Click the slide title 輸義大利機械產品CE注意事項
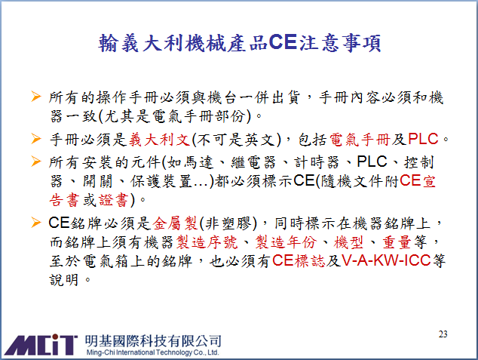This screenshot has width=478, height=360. pos(240,43)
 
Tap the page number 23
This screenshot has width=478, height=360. pos(443,334)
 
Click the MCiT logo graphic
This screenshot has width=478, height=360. pos(41,345)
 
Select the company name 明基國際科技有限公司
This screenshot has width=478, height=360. pos(153,341)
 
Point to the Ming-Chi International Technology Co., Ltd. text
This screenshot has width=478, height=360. pos(153,352)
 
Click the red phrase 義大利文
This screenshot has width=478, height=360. pos(159,140)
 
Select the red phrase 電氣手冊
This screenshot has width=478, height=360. pos(360,140)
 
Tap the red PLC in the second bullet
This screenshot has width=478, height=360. pos(423,139)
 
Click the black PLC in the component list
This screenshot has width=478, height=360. pos(372,162)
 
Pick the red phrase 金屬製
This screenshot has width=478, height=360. pos(175,223)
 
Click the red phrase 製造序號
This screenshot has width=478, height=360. pos(207,242)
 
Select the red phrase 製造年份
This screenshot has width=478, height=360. pos(286,242)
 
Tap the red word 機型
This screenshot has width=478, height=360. pos(349,242)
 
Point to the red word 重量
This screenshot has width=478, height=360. pos(397,242)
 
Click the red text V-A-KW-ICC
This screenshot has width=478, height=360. pos(386,260)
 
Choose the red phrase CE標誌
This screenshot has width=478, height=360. pos(299,261)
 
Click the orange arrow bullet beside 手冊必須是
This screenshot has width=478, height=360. pos(36,139)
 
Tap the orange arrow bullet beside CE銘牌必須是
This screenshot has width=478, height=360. pos(36,223)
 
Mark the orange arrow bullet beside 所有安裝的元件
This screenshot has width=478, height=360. pos(36,162)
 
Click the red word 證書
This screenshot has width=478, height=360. pos(113,201)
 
